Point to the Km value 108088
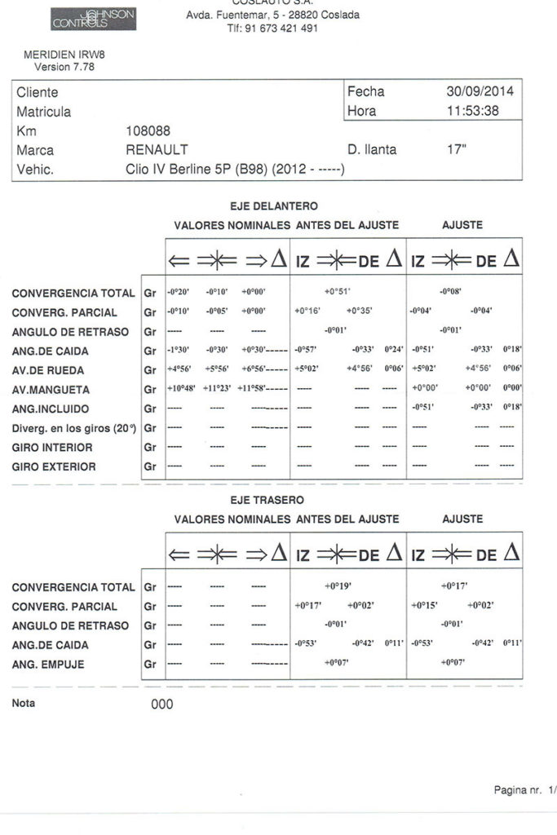[148, 130]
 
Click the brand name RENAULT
[157, 150]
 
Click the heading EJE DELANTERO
[274, 206]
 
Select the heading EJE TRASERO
[267, 500]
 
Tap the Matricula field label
[43, 112]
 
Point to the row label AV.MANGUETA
[52, 389]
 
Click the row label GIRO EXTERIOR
[54, 467]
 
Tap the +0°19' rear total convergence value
[337, 586]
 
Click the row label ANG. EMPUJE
[48, 665]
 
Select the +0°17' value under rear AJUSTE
[453, 586]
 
